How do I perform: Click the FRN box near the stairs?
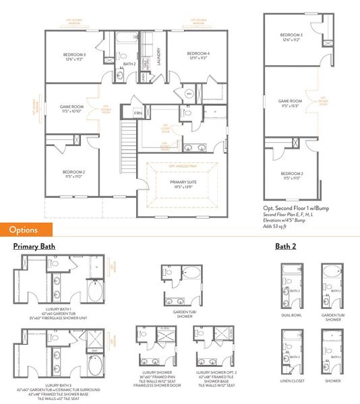(x=138, y=113)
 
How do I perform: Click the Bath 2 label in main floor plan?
(x=129, y=64)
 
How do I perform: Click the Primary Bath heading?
(x=34, y=247)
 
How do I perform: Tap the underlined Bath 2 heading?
(x=285, y=247)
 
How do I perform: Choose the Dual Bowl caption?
(x=291, y=315)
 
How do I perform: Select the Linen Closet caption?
(x=291, y=381)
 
